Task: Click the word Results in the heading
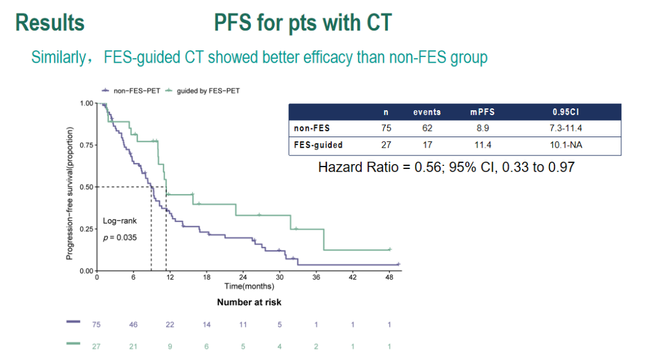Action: (50, 23)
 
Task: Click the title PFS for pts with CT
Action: (303, 23)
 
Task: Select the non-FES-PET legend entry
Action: (136, 91)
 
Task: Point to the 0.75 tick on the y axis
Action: (86, 145)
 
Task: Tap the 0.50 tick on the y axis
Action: (86, 187)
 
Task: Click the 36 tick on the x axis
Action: (316, 277)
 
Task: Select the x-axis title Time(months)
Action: (249, 286)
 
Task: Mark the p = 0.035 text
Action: (120, 238)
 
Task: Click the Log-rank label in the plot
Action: (120, 221)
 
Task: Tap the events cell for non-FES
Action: (427, 129)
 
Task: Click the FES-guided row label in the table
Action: (318, 145)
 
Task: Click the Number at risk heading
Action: (249, 302)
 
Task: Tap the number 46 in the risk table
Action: (133, 324)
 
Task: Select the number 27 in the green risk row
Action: (97, 346)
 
